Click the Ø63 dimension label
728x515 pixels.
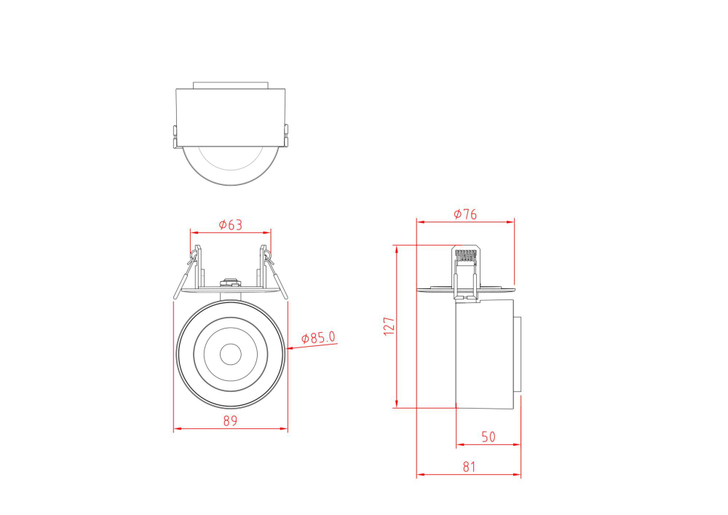coord(230,225)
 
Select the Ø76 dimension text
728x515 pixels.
coord(464,214)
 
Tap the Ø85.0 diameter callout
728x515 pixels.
coord(318,338)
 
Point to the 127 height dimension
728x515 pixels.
coord(389,325)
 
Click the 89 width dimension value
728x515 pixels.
coord(230,421)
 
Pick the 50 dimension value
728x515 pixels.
coord(488,437)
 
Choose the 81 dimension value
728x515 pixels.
coord(469,467)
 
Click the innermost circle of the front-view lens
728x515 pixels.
coord(230,354)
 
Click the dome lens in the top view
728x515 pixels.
coord(230,166)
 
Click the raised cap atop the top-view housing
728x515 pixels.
coord(230,84)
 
